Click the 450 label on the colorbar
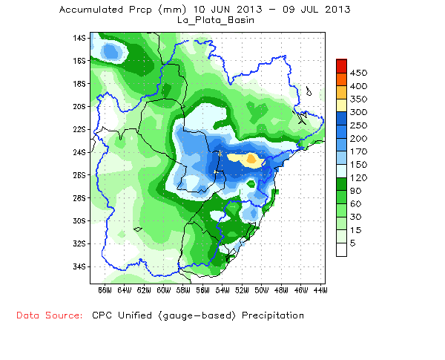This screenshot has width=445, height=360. pos(359,73)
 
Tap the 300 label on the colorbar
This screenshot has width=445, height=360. pos(359,112)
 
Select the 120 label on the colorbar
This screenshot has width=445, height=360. pos(359,177)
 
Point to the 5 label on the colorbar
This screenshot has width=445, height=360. pos(353,243)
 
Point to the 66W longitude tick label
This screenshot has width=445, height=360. pos(103,290)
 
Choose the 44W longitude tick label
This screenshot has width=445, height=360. pos(320,290)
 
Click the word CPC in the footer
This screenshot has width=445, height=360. pos(102,315)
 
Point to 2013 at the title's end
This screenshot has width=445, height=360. pos(338,10)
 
